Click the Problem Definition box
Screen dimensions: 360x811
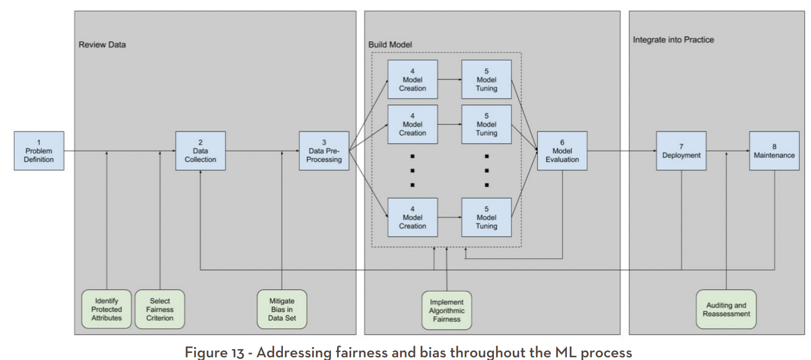(x=39, y=151)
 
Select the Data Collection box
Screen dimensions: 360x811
(x=200, y=151)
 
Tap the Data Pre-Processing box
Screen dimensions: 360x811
(x=324, y=151)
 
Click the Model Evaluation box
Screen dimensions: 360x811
(x=562, y=151)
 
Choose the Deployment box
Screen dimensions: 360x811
(x=681, y=151)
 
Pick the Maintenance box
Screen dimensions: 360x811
(x=774, y=151)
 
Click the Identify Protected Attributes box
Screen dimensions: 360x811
(x=107, y=309)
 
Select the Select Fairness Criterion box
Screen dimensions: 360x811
(x=160, y=309)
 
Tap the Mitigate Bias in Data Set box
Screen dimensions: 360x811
(x=282, y=309)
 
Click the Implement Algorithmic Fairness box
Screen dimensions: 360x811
(x=447, y=310)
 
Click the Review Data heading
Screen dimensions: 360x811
(x=102, y=45)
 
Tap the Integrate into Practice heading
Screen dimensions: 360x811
(x=673, y=40)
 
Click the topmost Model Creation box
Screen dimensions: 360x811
(x=412, y=80)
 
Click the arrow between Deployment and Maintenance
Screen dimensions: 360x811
(x=728, y=152)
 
